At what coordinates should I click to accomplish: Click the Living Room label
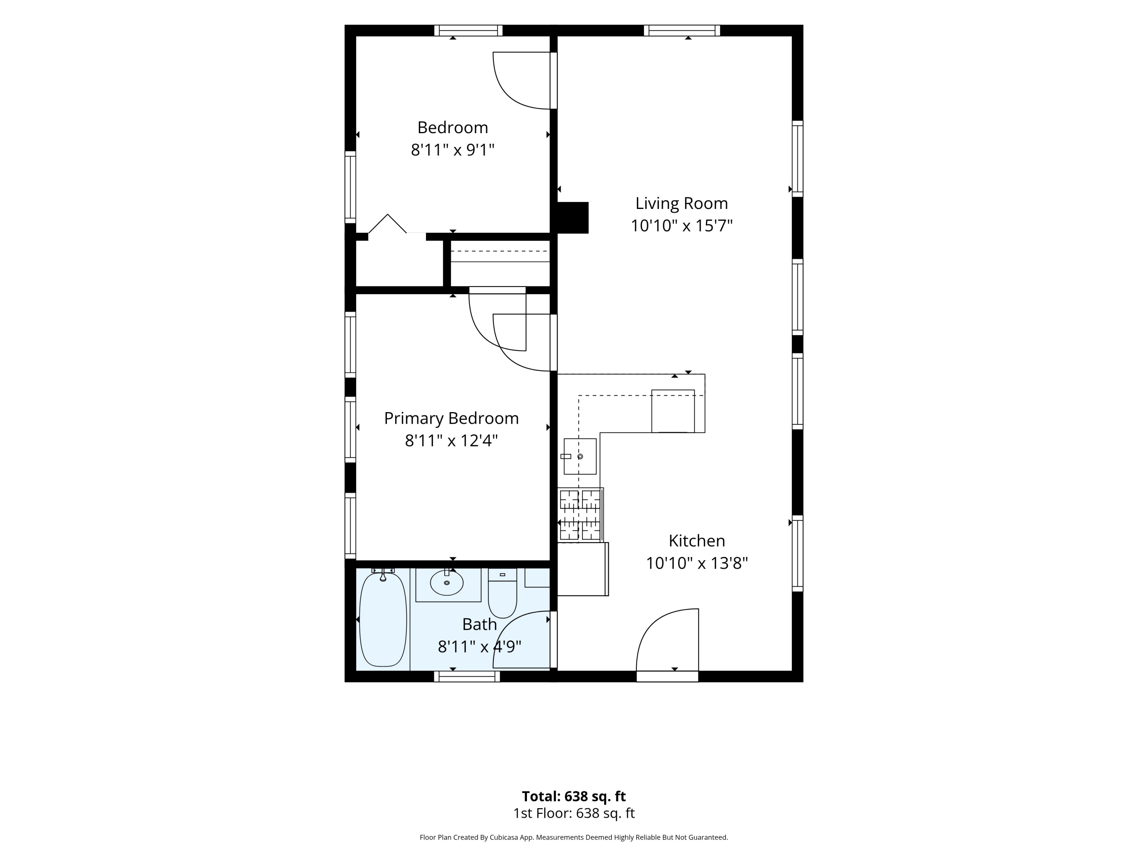pyautogui.click(x=682, y=204)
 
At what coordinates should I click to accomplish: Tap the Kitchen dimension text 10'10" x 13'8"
pyautogui.click(x=696, y=563)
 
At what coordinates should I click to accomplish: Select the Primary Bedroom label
pyautogui.click(x=451, y=418)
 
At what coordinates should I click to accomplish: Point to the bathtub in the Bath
pyautogui.click(x=383, y=619)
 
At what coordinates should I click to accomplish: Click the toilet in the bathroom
pyautogui.click(x=502, y=593)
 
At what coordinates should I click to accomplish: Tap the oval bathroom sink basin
pyautogui.click(x=446, y=582)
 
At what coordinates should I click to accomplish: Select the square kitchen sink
pyautogui.click(x=580, y=456)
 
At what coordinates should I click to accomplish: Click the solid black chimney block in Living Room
pyautogui.click(x=572, y=217)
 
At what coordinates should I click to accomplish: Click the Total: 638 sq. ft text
pyautogui.click(x=574, y=796)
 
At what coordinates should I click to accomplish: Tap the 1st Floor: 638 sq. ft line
pyautogui.click(x=574, y=813)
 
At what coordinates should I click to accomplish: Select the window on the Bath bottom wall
pyautogui.click(x=466, y=676)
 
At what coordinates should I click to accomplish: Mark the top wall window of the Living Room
pyautogui.click(x=682, y=31)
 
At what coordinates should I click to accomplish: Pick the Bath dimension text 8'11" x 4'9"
pyautogui.click(x=479, y=647)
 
